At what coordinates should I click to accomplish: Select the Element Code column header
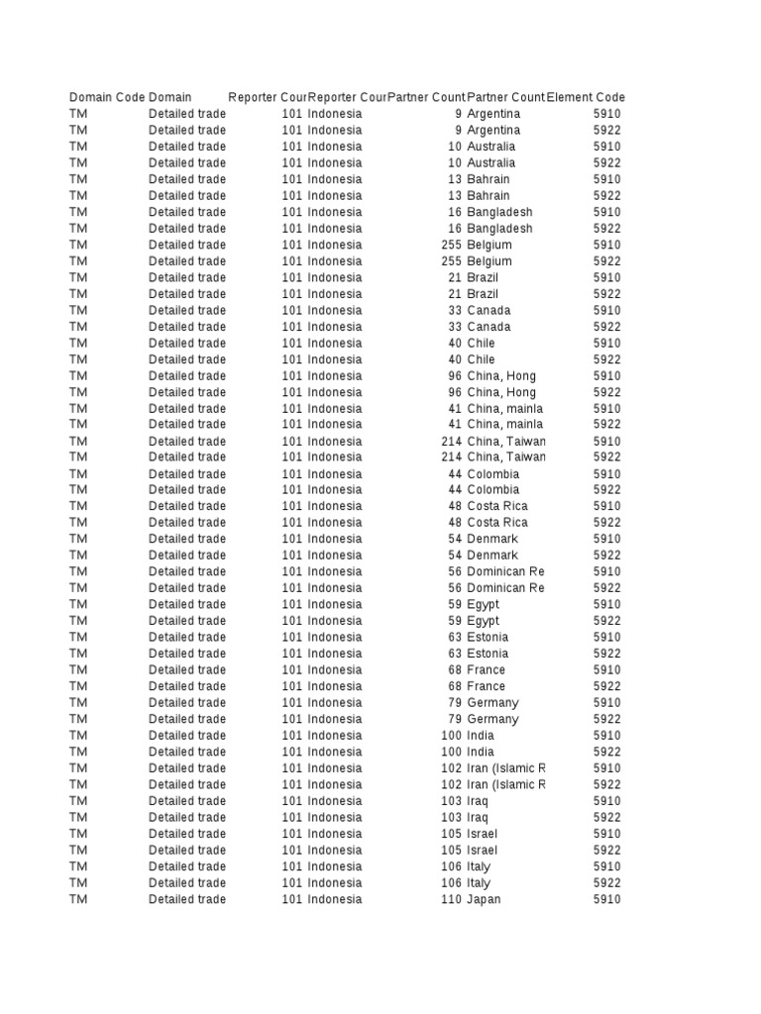587,97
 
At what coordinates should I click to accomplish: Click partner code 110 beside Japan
452,899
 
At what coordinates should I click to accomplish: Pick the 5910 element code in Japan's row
607,899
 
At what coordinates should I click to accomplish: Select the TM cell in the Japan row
78,899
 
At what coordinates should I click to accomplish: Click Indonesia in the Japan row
335,899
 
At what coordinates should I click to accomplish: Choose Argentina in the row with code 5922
493,130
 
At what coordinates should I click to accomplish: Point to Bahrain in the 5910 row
489,179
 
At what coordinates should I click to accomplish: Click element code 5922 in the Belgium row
607,261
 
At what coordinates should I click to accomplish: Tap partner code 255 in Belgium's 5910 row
452,245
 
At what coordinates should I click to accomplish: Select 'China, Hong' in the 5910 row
505,375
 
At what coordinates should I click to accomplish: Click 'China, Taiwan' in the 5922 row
505,456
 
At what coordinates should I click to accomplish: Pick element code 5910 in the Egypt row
607,604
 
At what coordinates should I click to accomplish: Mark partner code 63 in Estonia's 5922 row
455,654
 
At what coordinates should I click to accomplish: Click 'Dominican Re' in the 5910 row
505,571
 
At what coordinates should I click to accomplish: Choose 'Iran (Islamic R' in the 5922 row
505,784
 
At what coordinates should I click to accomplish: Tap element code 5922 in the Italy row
607,882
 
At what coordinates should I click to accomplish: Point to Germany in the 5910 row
492,702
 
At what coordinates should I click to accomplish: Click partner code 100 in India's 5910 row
452,735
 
